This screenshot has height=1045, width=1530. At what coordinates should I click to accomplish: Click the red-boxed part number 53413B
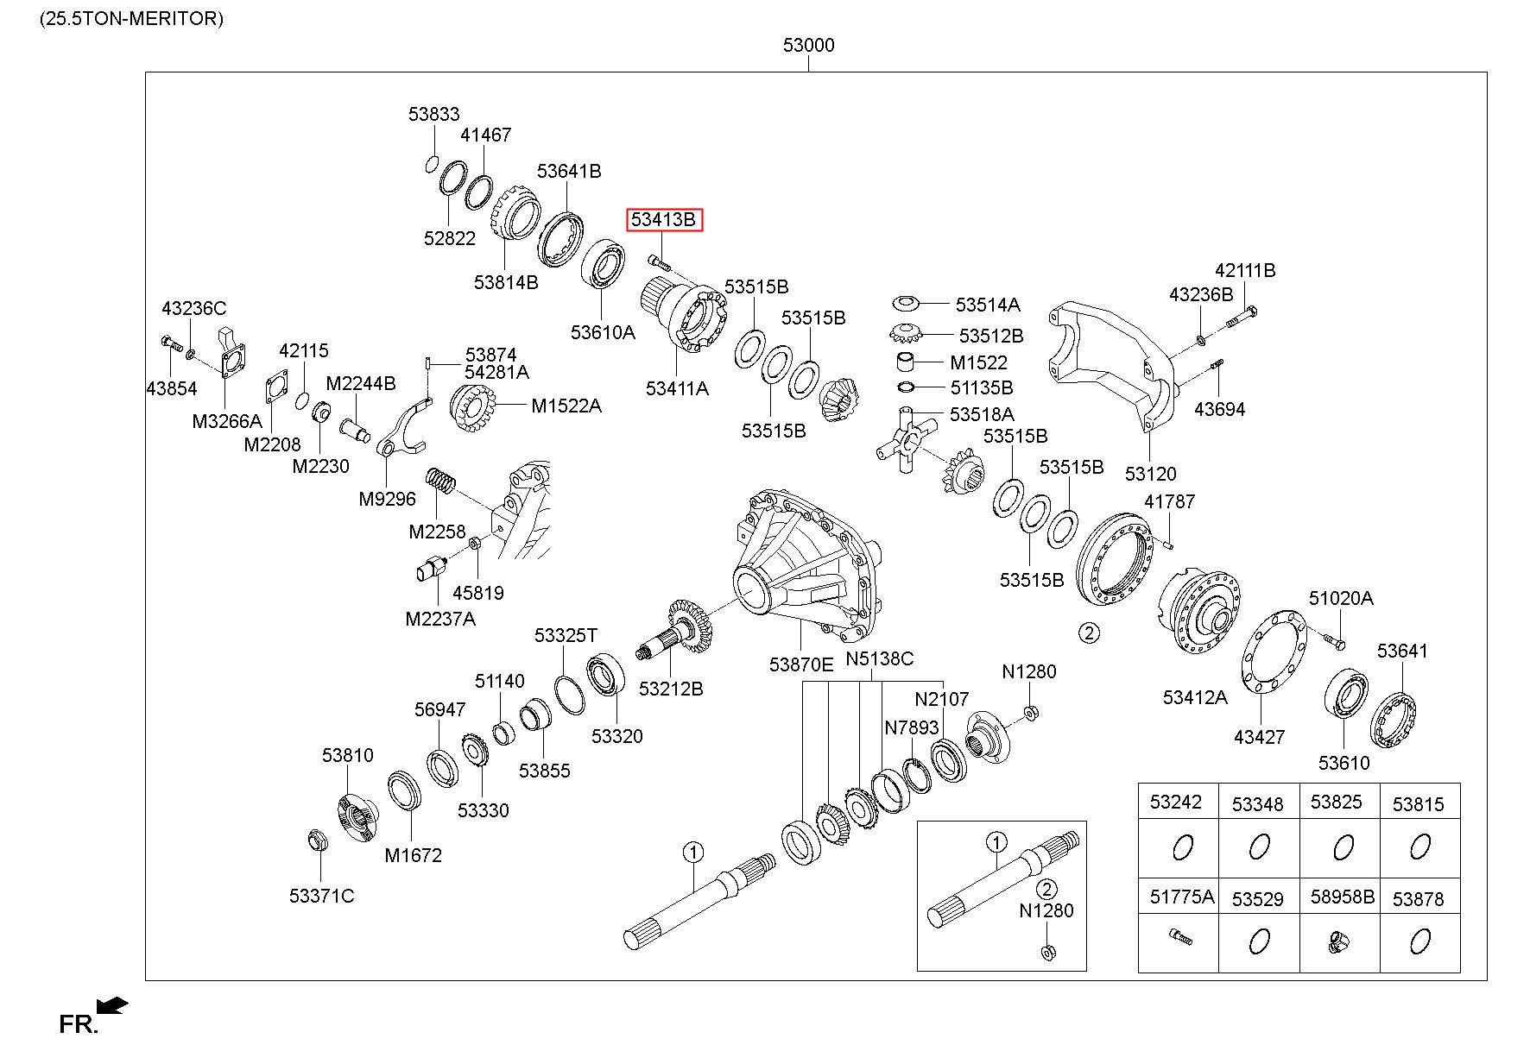click(663, 220)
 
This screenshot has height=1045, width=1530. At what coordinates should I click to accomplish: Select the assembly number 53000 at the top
click(808, 45)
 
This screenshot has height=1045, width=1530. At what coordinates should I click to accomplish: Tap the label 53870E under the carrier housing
click(801, 664)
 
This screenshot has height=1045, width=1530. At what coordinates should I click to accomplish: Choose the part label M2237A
click(440, 619)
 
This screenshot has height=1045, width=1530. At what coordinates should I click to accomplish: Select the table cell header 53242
click(1175, 803)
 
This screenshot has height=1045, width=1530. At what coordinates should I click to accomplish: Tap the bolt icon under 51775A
click(1179, 935)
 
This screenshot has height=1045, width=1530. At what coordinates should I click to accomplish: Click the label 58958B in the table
click(1342, 897)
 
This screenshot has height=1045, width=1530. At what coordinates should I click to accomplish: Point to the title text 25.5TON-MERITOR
click(131, 18)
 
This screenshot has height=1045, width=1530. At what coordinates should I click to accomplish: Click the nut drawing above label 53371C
click(317, 840)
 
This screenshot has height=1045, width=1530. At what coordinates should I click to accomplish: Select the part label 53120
click(1150, 474)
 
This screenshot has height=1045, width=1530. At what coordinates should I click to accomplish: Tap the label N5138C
click(879, 659)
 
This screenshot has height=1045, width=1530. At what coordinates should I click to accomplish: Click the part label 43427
click(1259, 737)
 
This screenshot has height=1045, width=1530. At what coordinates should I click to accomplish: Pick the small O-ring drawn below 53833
click(433, 164)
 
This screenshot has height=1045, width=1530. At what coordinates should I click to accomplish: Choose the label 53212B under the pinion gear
click(671, 689)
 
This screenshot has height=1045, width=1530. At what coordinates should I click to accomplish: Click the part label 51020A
click(1340, 598)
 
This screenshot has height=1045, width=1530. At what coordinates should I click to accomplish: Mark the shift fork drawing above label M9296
click(402, 429)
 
